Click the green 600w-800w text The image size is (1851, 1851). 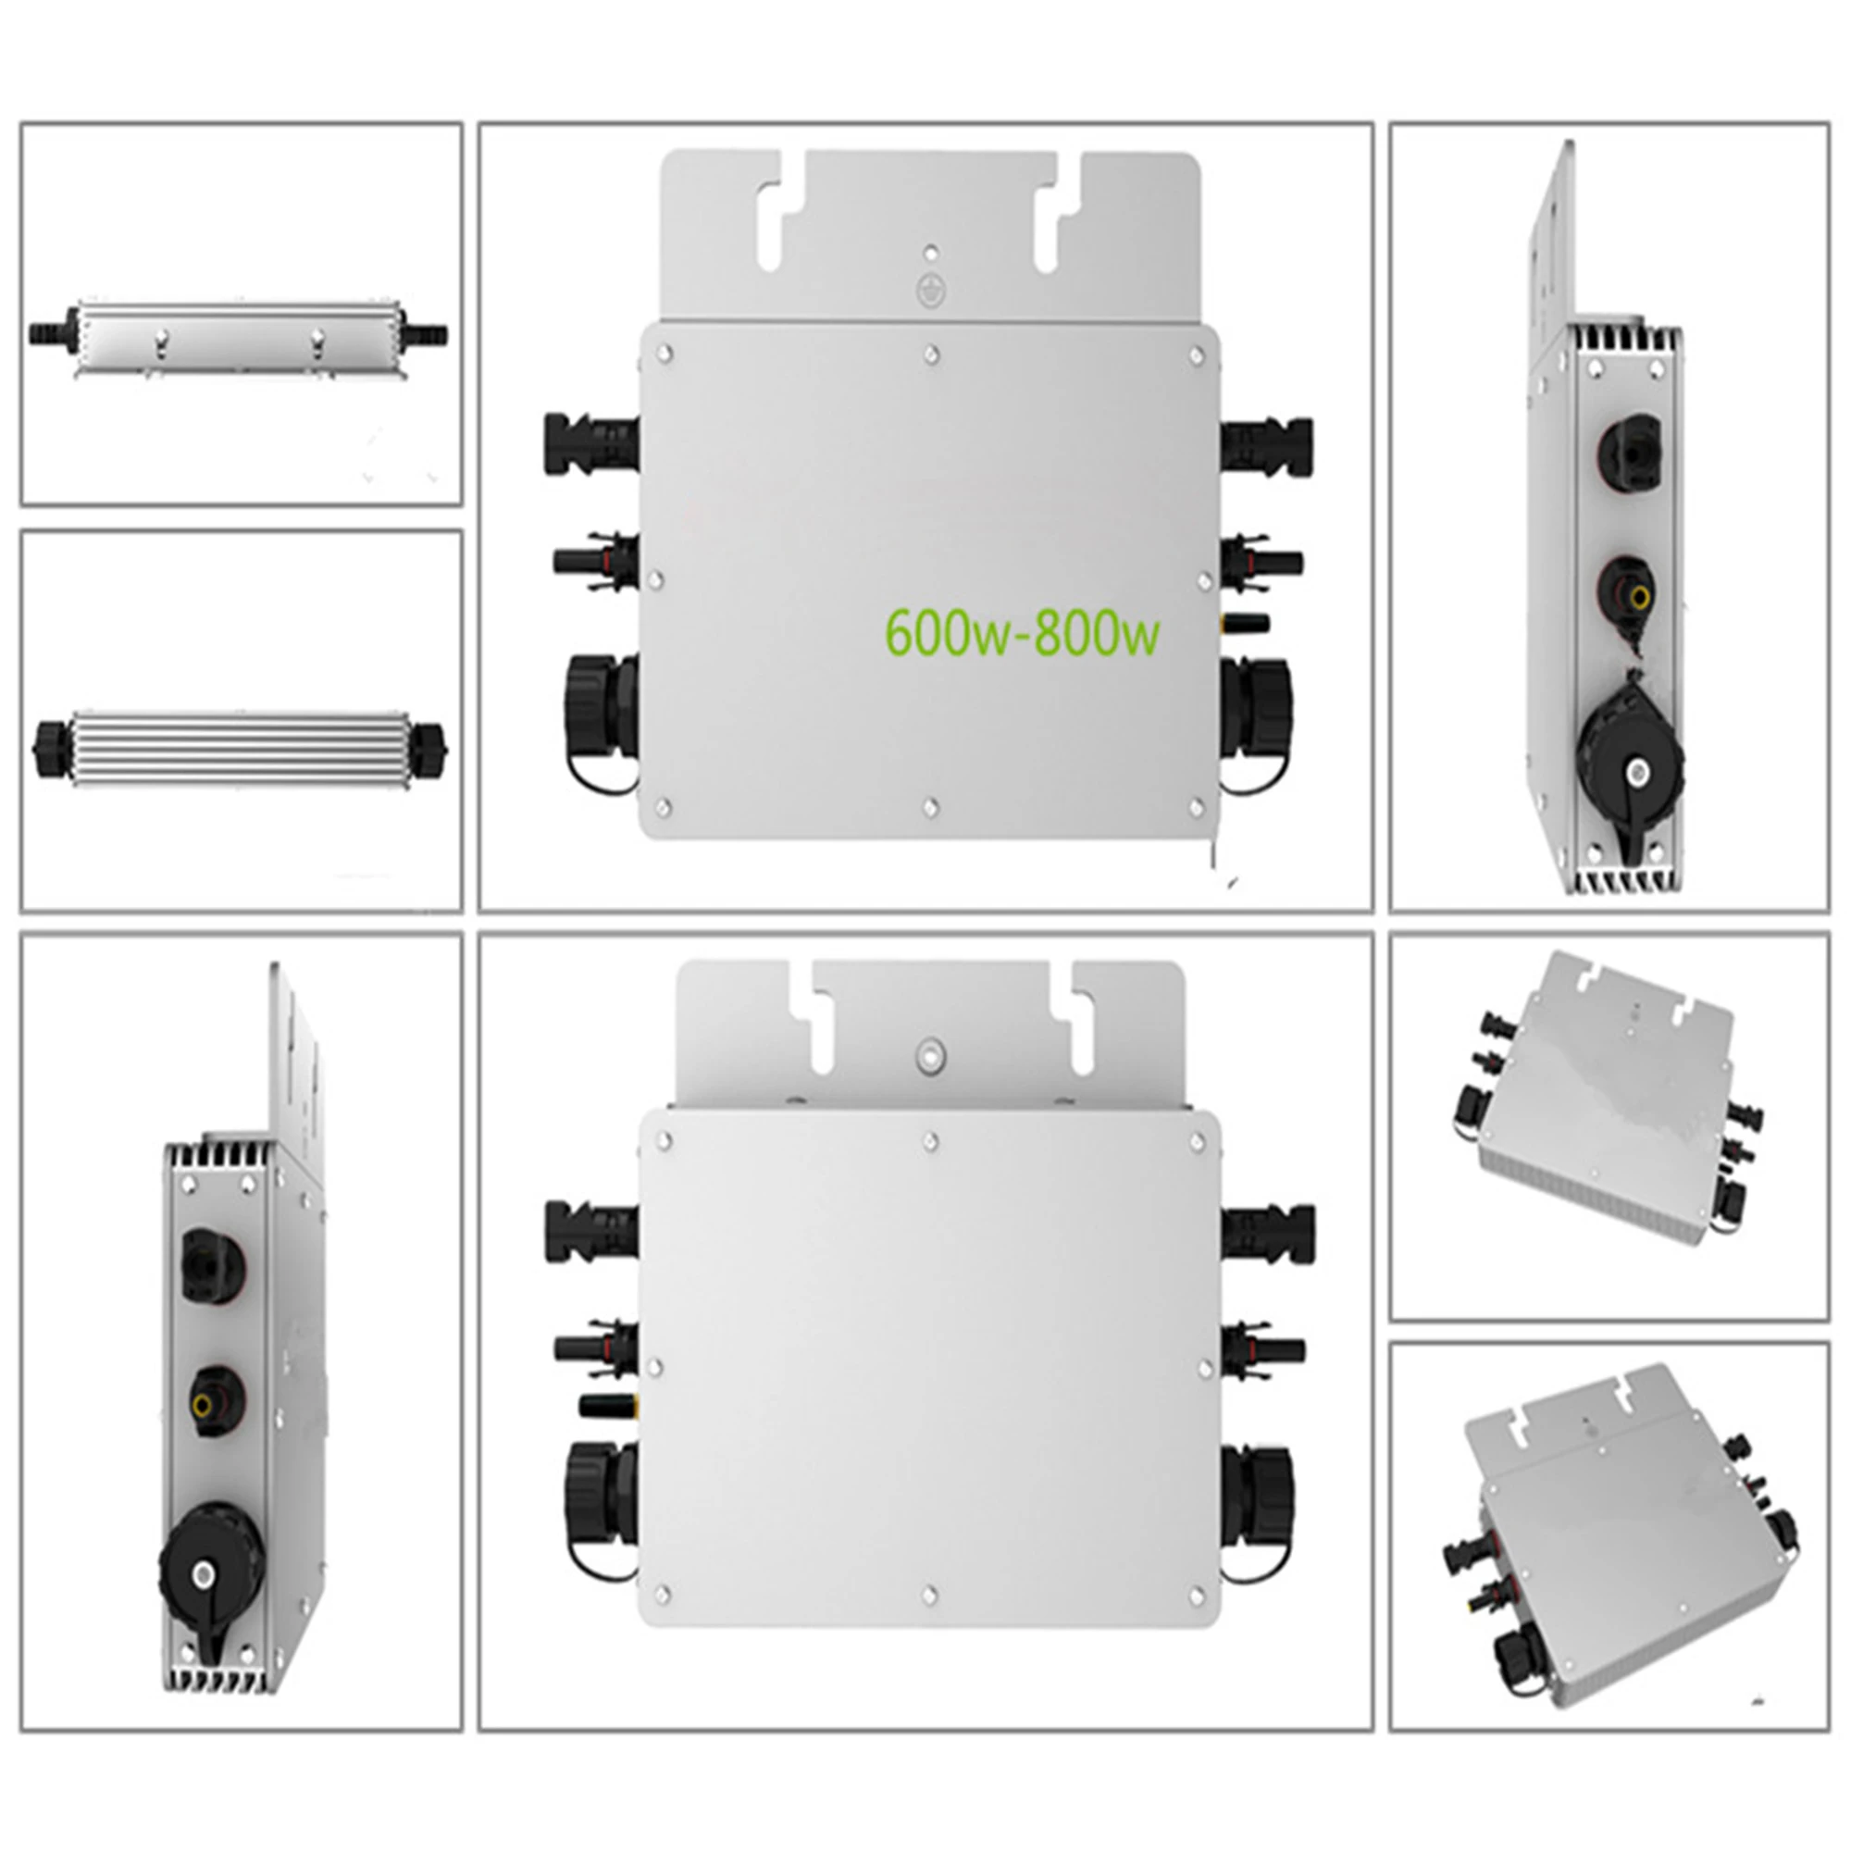[x=1022, y=633]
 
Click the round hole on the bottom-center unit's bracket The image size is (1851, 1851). [x=928, y=1056]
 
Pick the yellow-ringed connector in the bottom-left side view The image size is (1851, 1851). [x=204, y=1407]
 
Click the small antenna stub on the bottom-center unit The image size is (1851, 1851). [x=608, y=1406]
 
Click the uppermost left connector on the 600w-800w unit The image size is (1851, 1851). [x=587, y=443]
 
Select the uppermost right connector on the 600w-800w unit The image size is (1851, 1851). [x=1267, y=443]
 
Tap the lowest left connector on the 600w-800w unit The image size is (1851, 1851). [x=601, y=713]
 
